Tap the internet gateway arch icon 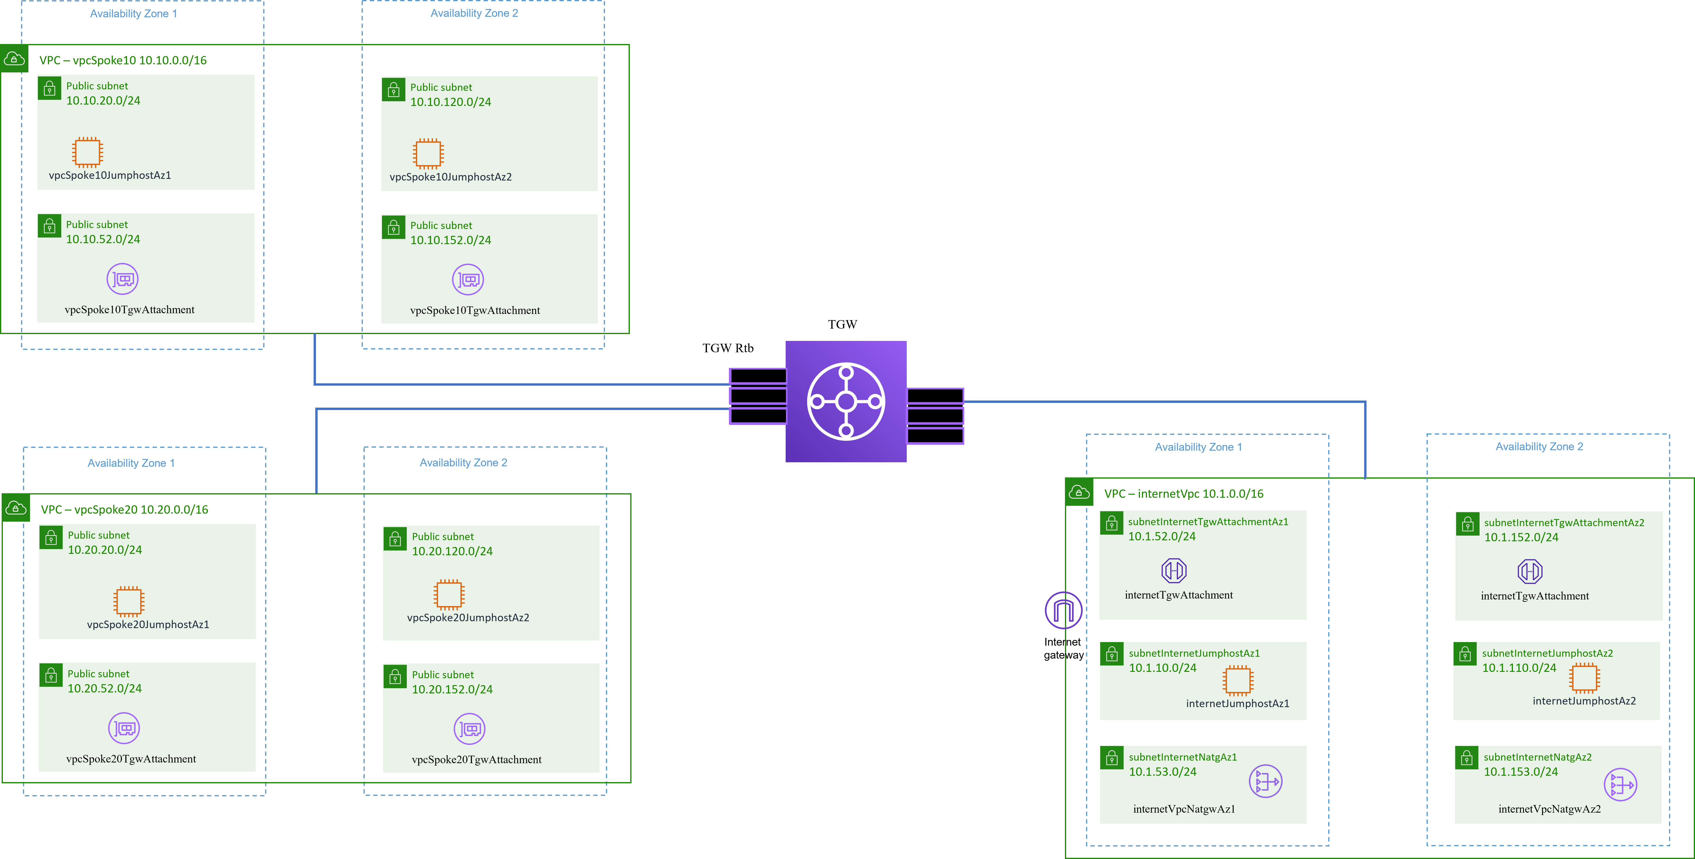coord(1063,610)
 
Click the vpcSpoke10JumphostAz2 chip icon coord(428,153)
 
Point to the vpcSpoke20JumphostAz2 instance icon coord(449,594)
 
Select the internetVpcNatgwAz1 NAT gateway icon coord(1265,781)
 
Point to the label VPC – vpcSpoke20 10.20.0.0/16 coord(124,510)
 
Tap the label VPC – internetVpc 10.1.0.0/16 coord(1184,494)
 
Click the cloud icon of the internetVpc coord(1079,492)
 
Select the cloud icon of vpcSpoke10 coord(14,59)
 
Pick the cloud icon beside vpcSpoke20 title coord(16,508)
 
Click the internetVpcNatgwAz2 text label coord(1550,809)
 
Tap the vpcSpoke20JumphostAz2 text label coord(468,617)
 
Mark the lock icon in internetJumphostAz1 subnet coord(1112,654)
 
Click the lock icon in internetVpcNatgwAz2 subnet coord(1467,758)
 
